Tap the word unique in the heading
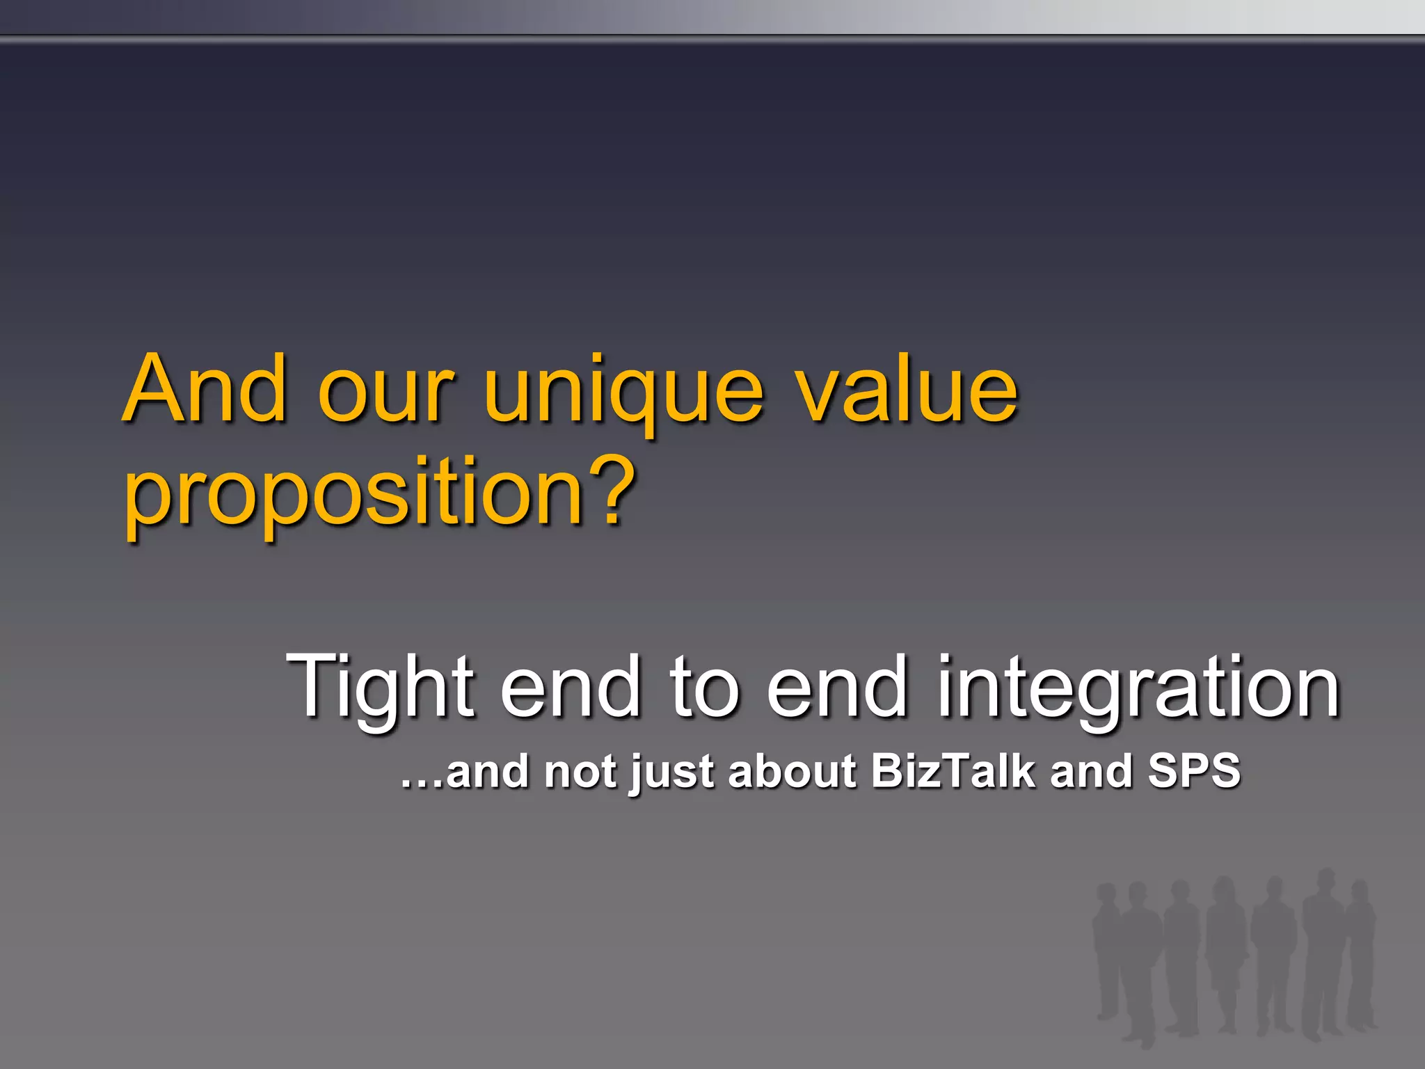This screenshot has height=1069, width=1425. [x=624, y=393]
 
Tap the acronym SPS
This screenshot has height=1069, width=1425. [x=1194, y=771]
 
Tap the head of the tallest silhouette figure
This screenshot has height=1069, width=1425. [x=1326, y=879]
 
